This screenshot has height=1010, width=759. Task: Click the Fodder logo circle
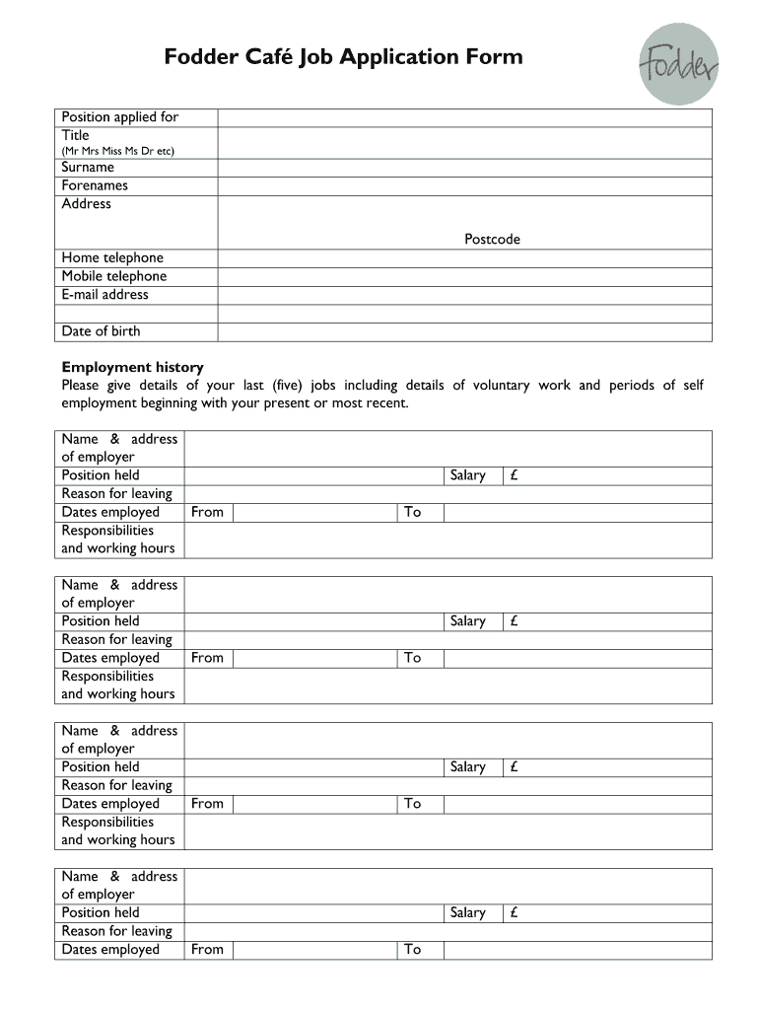(x=681, y=63)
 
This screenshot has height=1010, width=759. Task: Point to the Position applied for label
(x=120, y=117)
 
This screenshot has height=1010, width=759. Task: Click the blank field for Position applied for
(x=464, y=118)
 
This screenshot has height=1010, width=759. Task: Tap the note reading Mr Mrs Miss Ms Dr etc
(x=118, y=151)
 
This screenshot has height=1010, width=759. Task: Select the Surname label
(x=88, y=168)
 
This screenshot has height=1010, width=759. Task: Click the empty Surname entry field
(x=464, y=168)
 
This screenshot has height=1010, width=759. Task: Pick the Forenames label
(x=95, y=185)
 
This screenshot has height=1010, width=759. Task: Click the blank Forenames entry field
(x=464, y=185)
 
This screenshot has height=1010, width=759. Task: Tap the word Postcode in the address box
(x=493, y=240)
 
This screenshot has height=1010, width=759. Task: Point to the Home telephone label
(x=112, y=258)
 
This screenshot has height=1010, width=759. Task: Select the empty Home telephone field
(x=464, y=258)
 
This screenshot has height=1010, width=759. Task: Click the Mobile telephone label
(x=114, y=276)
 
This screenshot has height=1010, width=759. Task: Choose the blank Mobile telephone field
(x=464, y=276)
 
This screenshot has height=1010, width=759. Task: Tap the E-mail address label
(x=105, y=295)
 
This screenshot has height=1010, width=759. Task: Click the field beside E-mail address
(x=464, y=295)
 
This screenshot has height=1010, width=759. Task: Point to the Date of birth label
(x=101, y=331)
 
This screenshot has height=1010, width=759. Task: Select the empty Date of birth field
(x=464, y=331)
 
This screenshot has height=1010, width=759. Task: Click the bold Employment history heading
(x=132, y=367)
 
